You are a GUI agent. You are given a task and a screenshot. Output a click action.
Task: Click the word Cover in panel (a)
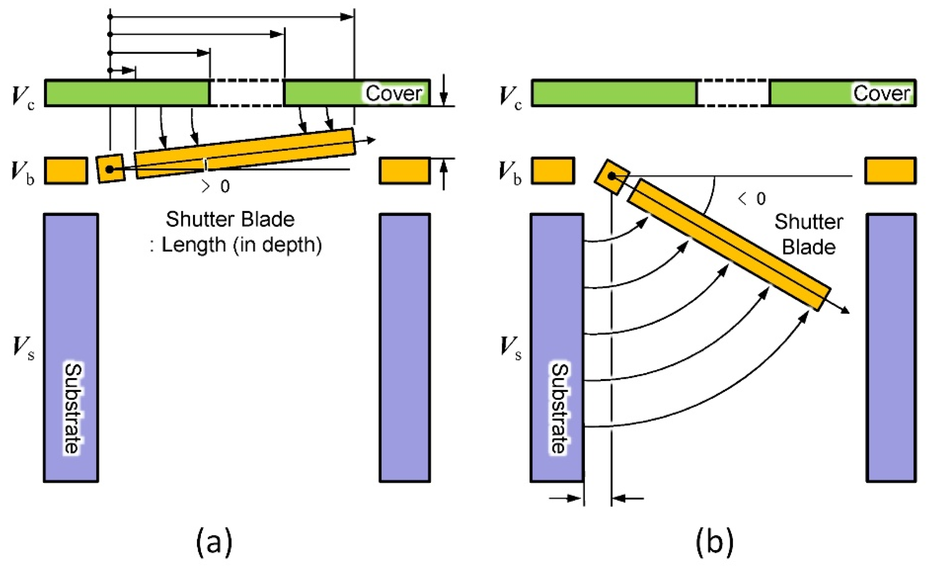point(393,93)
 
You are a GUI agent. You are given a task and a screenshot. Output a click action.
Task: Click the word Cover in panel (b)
point(881,93)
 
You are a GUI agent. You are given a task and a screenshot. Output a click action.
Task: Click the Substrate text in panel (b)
point(560,408)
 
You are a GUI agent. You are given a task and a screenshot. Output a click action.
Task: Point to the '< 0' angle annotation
point(752,199)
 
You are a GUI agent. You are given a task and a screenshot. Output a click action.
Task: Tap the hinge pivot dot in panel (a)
point(109,170)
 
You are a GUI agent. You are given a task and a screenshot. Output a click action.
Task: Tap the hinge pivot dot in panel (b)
point(611,176)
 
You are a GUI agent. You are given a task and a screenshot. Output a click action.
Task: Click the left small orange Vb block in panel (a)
point(66,171)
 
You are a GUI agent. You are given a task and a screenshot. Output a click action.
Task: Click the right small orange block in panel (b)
point(890,171)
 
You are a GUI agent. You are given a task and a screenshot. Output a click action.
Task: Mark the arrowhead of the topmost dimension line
point(347,17)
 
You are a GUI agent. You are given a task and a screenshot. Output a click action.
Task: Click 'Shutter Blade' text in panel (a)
point(230,219)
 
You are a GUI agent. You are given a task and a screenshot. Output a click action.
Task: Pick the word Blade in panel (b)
point(809,247)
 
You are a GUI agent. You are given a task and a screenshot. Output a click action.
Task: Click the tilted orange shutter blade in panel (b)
point(730,244)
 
